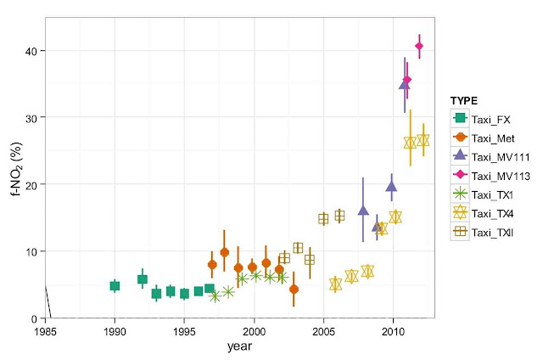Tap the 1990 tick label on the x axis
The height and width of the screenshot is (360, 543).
[x=115, y=329]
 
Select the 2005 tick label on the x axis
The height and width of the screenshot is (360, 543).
[x=323, y=329]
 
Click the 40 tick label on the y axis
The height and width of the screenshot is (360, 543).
[x=31, y=50]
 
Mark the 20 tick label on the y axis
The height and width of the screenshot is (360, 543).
[x=31, y=184]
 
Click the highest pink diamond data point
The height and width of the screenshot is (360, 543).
[x=419, y=46]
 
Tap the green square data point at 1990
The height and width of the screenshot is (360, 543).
[x=115, y=286]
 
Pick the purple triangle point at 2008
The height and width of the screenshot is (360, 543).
[x=363, y=211]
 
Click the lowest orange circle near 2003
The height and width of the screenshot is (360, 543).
[x=294, y=290]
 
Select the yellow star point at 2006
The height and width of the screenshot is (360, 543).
[x=336, y=284]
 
